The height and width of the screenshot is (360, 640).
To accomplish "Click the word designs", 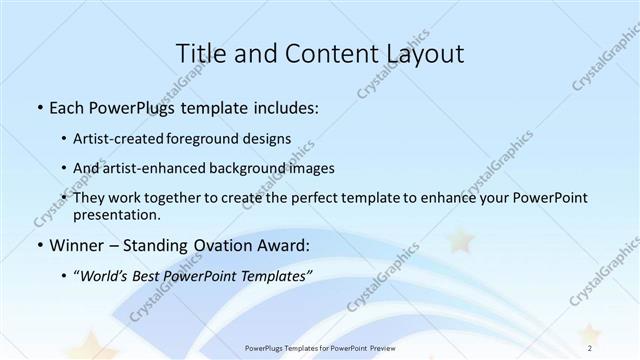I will click(270, 138).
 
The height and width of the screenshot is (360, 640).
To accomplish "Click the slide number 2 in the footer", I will click(590, 347).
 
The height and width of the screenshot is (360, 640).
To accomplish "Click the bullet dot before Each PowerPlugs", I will click(38, 107).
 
